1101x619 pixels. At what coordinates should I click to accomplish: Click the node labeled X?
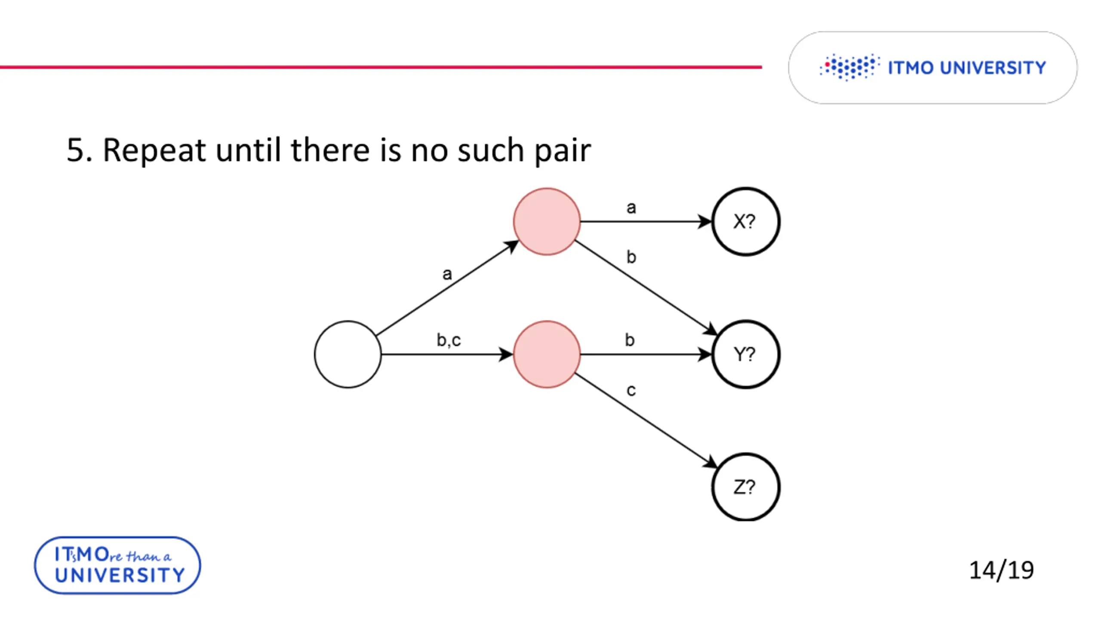pos(745,221)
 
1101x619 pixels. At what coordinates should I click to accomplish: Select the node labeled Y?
pos(745,354)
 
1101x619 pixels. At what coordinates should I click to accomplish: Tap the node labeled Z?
pos(745,487)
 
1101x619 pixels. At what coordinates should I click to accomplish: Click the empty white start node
pos(348,354)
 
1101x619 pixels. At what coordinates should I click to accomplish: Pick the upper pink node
pos(547,221)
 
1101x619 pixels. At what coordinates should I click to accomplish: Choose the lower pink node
pos(547,354)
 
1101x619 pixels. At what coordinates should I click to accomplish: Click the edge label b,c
pos(449,340)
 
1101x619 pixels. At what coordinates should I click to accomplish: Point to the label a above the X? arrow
pos(631,208)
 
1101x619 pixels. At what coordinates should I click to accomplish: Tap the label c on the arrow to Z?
pos(631,390)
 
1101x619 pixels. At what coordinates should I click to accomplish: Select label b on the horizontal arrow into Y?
pos(630,340)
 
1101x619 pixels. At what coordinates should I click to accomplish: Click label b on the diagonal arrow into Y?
pos(631,257)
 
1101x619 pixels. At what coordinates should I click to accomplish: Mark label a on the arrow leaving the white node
pos(447,274)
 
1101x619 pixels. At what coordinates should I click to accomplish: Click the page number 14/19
pos(1001,570)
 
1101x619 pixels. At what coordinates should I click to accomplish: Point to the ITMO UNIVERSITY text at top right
pos(967,68)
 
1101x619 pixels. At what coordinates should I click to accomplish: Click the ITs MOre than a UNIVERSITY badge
pos(117,565)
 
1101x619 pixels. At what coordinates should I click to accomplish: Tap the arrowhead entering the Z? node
pos(710,463)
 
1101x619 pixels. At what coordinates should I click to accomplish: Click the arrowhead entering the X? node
pos(705,221)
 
